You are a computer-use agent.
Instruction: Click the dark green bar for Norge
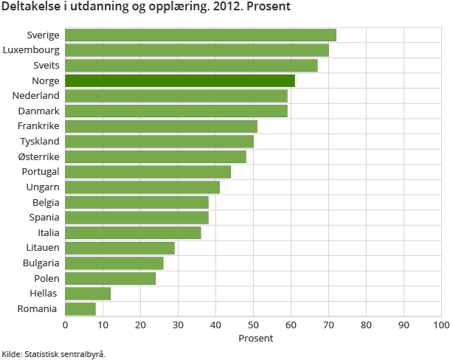point(180,80)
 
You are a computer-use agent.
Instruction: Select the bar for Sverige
point(201,35)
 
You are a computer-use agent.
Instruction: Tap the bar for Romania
point(80,308)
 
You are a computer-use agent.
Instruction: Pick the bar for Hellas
point(88,294)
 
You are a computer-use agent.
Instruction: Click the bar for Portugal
point(148,172)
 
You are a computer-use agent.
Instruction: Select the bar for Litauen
point(120,248)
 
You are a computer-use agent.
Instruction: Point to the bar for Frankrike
point(161,126)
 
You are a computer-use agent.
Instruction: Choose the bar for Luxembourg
point(197,50)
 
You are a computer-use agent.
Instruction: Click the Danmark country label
point(39,111)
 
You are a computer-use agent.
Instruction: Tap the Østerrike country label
point(39,156)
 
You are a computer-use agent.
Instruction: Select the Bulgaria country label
point(41,263)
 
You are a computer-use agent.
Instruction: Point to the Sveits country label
point(46,65)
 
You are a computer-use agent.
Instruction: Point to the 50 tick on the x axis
point(253,325)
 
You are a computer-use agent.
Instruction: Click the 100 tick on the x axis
point(440,325)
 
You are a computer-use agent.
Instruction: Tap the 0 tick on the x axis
point(66,325)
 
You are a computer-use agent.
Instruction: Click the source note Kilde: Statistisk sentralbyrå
point(54,354)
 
